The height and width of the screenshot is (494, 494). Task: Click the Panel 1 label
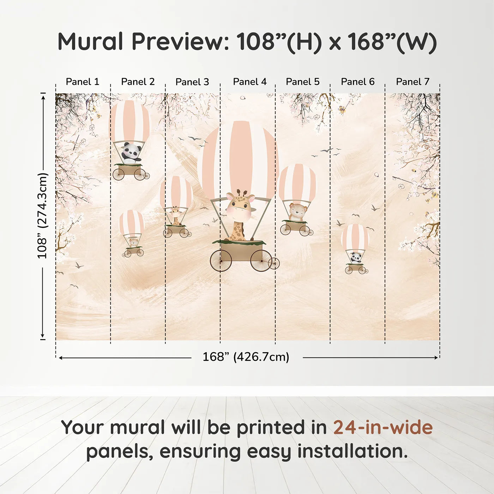pyautogui.click(x=83, y=82)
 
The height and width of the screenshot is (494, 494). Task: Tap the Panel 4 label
pyautogui.click(x=250, y=82)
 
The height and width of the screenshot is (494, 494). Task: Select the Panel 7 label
pyautogui.click(x=412, y=82)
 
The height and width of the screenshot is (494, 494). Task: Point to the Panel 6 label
pyautogui.click(x=357, y=82)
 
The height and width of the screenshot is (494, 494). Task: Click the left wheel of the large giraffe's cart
pyautogui.click(x=221, y=261)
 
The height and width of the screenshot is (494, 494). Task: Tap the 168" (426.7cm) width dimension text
pyautogui.click(x=246, y=357)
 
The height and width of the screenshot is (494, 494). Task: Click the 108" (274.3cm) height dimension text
pyautogui.click(x=42, y=216)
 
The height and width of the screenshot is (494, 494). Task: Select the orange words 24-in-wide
pyautogui.click(x=383, y=427)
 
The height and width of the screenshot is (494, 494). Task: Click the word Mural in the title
pyautogui.click(x=90, y=42)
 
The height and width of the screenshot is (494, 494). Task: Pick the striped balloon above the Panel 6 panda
pyautogui.click(x=355, y=237)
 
